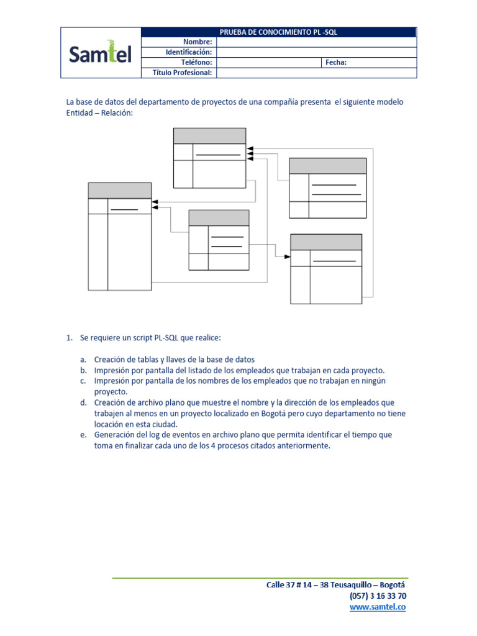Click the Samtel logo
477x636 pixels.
(101, 53)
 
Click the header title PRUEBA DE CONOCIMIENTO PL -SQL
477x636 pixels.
(279, 32)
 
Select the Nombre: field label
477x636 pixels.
(198, 42)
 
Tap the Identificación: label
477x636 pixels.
(188, 52)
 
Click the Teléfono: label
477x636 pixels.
(196, 62)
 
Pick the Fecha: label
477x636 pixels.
(336, 62)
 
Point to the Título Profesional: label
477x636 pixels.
(183, 73)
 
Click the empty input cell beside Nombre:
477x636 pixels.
(316, 42)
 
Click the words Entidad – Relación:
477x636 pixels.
(99, 113)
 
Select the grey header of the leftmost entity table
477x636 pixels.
(120, 191)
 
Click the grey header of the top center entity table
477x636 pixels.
(209, 136)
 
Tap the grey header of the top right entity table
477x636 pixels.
(327, 166)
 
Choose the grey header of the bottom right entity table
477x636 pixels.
(326, 242)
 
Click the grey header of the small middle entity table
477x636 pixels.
(219, 218)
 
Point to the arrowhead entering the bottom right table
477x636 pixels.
(288, 257)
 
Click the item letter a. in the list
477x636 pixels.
(83, 360)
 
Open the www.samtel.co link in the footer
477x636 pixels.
(378, 607)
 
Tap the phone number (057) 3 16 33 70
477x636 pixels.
(378, 596)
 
